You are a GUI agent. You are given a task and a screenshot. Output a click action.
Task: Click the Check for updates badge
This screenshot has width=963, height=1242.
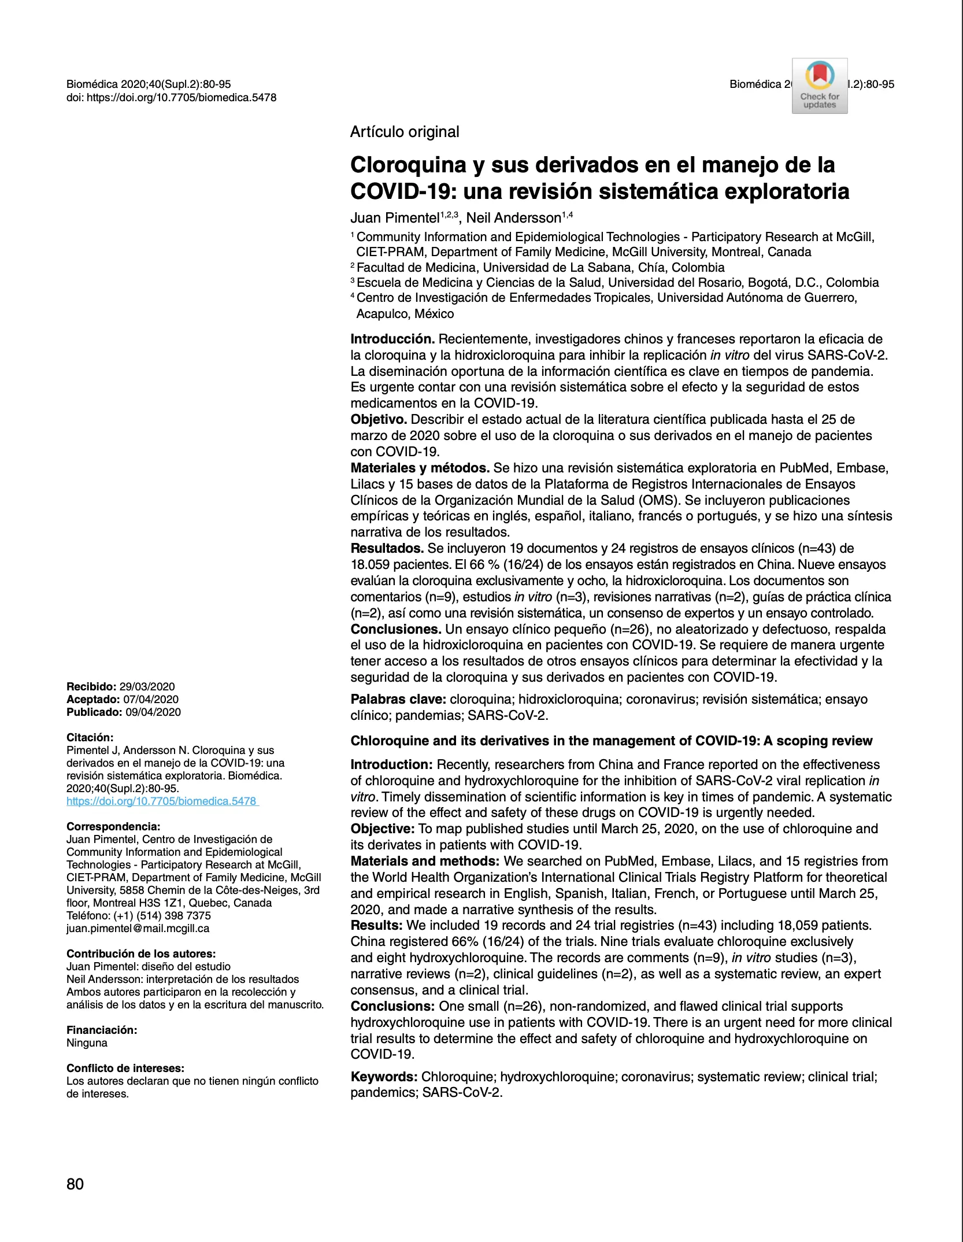[x=819, y=86]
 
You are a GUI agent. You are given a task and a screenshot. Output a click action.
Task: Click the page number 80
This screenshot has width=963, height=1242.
[x=75, y=1184]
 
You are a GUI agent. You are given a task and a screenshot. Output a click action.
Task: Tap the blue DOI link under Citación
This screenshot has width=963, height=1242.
[x=162, y=801]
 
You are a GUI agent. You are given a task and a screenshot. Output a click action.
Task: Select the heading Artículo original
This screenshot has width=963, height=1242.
[x=405, y=132]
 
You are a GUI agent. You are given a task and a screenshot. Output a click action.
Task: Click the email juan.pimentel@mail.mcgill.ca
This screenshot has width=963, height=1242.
[x=138, y=928]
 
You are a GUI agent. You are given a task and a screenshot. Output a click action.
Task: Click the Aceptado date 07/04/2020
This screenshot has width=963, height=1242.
[x=150, y=699]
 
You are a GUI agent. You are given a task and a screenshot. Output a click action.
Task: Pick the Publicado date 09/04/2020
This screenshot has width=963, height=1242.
[x=153, y=712]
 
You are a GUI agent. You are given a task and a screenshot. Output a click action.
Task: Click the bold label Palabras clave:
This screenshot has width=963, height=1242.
[x=398, y=699]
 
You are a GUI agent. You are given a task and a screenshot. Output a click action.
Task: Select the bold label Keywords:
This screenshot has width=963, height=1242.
[x=384, y=1076]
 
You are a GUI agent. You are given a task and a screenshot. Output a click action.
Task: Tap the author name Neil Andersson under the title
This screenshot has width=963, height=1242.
[x=513, y=218]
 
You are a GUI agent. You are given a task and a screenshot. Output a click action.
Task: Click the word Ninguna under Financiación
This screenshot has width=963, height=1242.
[x=87, y=1043]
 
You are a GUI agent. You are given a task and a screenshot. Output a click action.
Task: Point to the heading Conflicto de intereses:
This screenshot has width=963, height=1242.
[x=125, y=1068]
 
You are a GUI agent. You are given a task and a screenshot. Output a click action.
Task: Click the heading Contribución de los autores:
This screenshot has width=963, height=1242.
[x=141, y=953]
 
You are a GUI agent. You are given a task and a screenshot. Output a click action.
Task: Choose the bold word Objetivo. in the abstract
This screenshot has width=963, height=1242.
[x=379, y=419]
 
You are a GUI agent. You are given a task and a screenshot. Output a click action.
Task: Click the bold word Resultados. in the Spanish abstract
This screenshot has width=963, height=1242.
[x=387, y=548]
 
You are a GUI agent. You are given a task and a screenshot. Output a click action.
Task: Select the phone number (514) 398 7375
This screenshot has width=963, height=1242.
[x=173, y=915]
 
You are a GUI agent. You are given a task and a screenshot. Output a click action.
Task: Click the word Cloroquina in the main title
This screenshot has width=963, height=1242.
[x=408, y=165]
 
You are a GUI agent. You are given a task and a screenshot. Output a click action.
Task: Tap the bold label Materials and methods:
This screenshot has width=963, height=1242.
[x=425, y=861]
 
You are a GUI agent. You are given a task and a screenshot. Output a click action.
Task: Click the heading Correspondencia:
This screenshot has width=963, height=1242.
[x=113, y=826]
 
